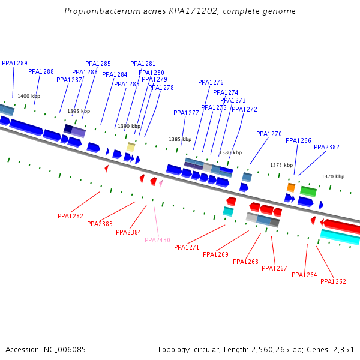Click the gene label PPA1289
(14, 63)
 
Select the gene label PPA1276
(211, 82)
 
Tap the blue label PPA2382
(326, 147)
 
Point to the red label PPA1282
(70, 216)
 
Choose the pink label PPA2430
(157, 240)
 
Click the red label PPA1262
(333, 281)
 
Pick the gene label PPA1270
(269, 134)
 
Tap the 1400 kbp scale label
(29, 96)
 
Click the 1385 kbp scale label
(180, 139)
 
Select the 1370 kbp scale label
(333, 176)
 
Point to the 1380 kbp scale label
(230, 152)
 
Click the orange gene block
(291, 188)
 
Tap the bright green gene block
(308, 191)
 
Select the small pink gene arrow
(161, 182)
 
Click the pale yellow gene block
(130, 146)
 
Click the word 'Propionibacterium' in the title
(96, 11)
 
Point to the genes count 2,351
(343, 349)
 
